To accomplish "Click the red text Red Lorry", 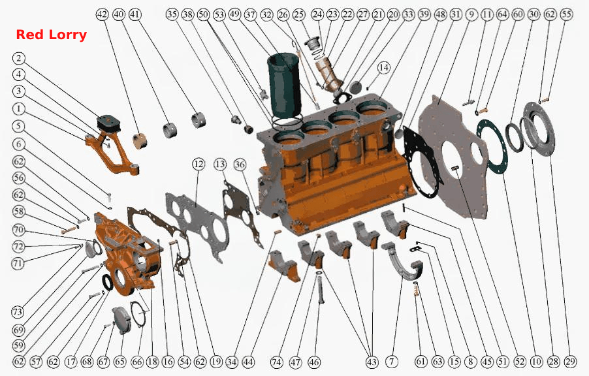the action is (x=51, y=35).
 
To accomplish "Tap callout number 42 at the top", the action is (x=102, y=14).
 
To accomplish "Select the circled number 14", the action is (x=383, y=68).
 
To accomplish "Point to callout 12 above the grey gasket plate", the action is (x=199, y=164).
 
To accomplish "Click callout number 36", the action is (x=240, y=164).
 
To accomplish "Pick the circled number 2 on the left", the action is (x=19, y=58).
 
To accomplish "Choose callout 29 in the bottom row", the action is (x=570, y=362).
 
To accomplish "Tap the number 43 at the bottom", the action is (x=372, y=362).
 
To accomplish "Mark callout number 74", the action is (x=276, y=362).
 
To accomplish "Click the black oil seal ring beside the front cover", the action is (x=108, y=282).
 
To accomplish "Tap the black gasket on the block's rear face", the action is (x=421, y=161).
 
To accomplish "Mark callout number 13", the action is (x=220, y=164).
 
